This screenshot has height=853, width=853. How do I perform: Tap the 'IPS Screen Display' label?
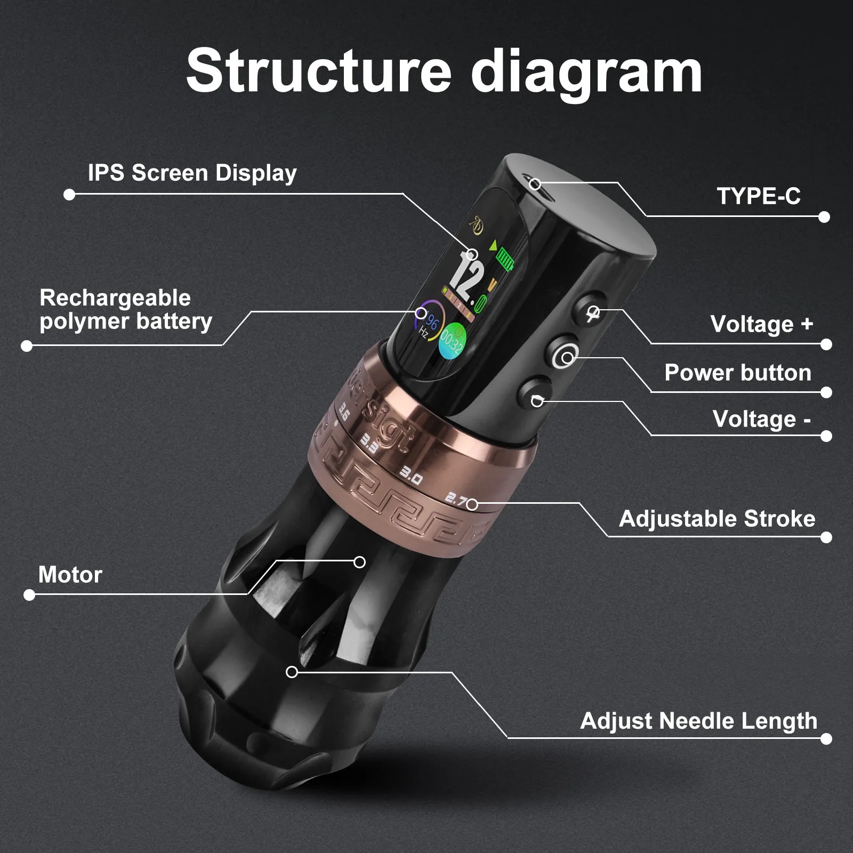click(192, 173)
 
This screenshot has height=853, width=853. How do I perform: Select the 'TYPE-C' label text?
click(759, 196)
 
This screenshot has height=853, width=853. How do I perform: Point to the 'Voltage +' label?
click(762, 324)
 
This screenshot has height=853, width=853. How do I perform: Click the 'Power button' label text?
click(738, 373)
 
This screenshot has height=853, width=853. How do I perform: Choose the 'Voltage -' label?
click(762, 419)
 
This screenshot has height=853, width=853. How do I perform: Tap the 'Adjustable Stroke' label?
click(717, 519)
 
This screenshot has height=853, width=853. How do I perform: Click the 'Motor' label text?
click(70, 575)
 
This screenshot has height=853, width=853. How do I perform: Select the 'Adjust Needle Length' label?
click(698, 721)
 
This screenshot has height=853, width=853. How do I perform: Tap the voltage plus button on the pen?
click(590, 309)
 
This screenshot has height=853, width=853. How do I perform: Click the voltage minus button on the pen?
click(534, 394)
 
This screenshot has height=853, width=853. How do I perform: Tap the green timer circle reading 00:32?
click(452, 341)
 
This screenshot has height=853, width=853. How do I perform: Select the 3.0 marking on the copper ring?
click(411, 477)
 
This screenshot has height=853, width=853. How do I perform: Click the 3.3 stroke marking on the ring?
click(369, 444)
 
